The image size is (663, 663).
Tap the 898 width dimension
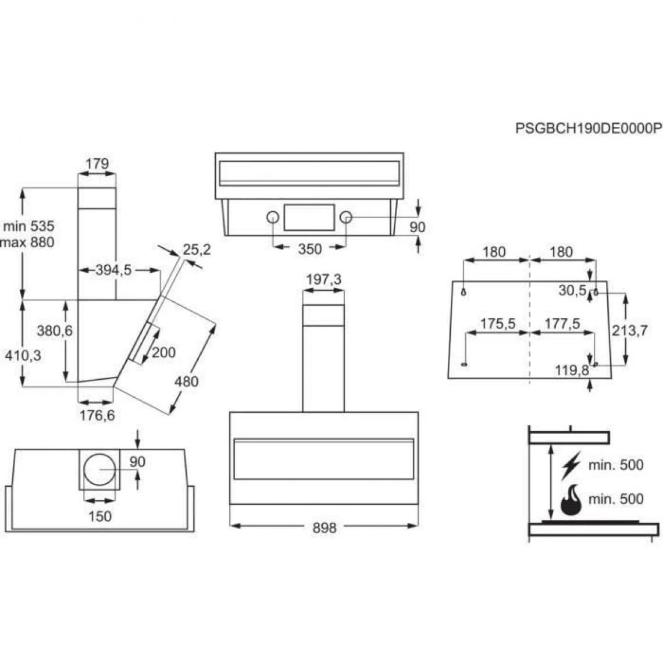(325, 527)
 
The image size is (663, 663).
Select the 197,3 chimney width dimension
(324, 280)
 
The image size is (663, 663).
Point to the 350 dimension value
(309, 249)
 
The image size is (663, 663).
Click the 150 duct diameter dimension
(100, 516)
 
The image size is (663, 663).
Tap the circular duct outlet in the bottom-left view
(100, 469)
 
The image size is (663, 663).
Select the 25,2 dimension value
(197, 250)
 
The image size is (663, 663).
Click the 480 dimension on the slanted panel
(186, 382)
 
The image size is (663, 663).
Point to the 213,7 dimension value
(630, 330)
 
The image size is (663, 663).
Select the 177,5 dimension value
(563, 324)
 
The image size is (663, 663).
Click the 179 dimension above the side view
(97, 164)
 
